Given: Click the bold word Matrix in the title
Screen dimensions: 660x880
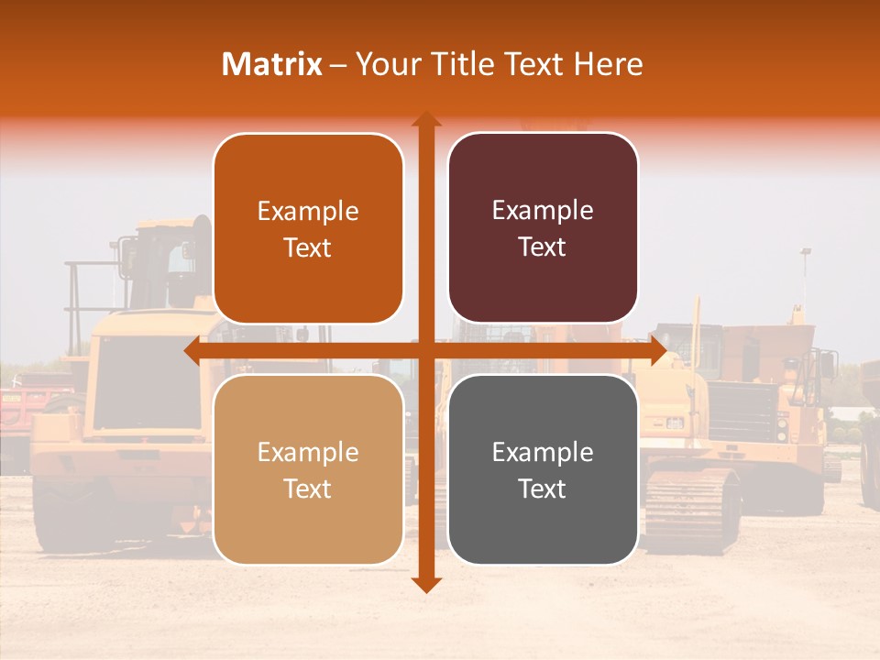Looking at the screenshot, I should [x=272, y=64].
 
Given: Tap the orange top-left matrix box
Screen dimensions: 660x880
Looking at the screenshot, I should [x=308, y=228].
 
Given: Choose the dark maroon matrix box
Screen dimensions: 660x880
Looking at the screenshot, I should [x=543, y=228].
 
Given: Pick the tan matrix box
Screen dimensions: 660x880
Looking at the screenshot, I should [x=308, y=469].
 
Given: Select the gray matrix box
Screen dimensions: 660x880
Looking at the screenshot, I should [x=543, y=469].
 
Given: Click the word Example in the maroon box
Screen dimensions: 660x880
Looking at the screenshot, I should [x=543, y=211].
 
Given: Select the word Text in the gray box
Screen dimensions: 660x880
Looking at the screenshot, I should [x=543, y=489].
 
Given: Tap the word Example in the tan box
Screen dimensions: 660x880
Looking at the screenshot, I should [x=308, y=452].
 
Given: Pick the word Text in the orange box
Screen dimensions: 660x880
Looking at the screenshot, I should [x=308, y=247].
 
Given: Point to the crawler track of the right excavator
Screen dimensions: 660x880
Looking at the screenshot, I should [x=692, y=504].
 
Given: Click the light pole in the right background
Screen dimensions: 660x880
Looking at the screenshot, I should [x=806, y=275].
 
